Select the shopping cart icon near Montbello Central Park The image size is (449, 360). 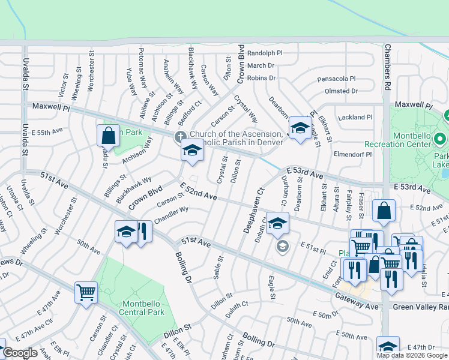[x=86, y=293]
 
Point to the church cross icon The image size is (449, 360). [x=180, y=137]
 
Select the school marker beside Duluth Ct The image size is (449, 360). [x=277, y=223]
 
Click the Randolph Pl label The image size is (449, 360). [x=265, y=53]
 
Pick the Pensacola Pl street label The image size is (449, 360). [x=336, y=79]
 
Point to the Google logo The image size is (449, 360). [x=20, y=353]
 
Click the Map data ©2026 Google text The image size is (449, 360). [x=412, y=355]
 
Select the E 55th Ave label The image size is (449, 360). [x=49, y=130]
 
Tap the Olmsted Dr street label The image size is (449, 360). [x=341, y=91]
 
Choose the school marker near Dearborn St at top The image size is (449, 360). [x=299, y=128]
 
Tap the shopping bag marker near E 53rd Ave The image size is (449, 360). [x=384, y=211]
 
